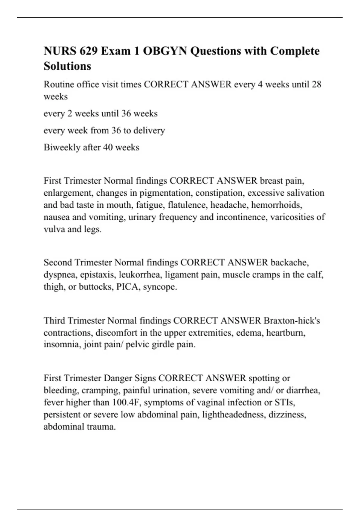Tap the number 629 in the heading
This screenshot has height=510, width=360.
88,51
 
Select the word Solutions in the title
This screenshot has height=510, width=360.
67,66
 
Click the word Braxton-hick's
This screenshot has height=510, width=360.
292,321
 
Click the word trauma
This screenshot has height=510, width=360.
101,427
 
